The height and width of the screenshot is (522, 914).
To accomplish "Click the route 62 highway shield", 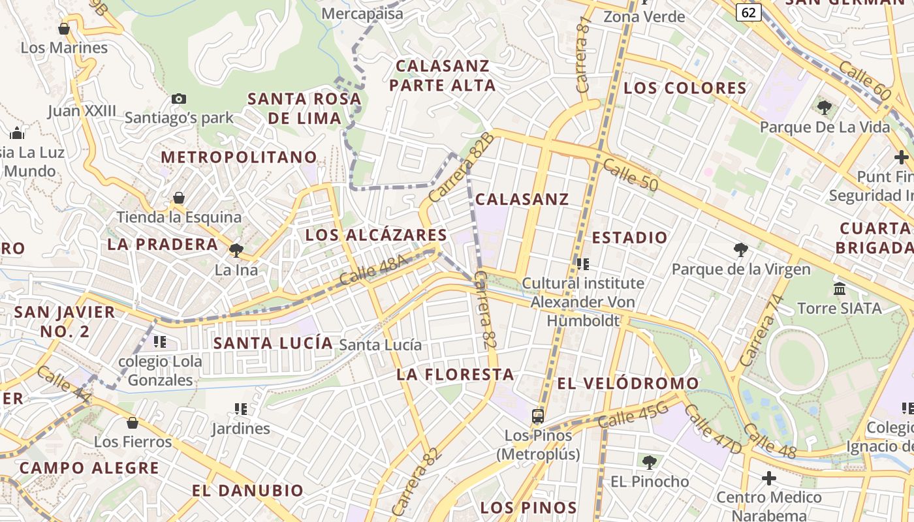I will point(749,12).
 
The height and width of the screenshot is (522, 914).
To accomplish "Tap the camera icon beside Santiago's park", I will point(179,99).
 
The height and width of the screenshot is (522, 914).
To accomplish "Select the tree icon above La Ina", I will point(236,249).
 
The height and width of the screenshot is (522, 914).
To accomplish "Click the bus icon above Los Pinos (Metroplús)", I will point(538,416).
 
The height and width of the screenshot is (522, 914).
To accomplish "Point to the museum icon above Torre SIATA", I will point(840,288).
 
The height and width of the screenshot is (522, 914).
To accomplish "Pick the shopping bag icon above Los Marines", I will point(64,29).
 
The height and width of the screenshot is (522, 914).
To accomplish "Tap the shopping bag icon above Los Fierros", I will point(133,423).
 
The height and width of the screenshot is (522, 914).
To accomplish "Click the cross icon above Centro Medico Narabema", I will point(769,478).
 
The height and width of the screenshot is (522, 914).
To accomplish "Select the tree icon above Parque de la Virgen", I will point(740,249).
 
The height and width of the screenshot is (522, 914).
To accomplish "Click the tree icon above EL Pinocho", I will point(649,462).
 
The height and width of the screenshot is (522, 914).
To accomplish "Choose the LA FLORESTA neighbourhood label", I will point(455,375).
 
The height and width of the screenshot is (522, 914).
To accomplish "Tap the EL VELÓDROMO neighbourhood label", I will point(627,383).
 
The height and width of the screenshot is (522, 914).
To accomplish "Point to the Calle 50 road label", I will point(630,175).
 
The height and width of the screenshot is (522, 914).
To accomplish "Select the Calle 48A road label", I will point(373,270).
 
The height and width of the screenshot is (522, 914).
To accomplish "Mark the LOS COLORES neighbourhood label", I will point(685,88).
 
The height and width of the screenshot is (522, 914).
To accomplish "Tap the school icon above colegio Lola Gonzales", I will point(160,341).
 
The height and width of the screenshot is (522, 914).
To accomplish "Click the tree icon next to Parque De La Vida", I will point(824,106).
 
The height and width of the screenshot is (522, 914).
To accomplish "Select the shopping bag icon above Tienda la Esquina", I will point(178,198).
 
